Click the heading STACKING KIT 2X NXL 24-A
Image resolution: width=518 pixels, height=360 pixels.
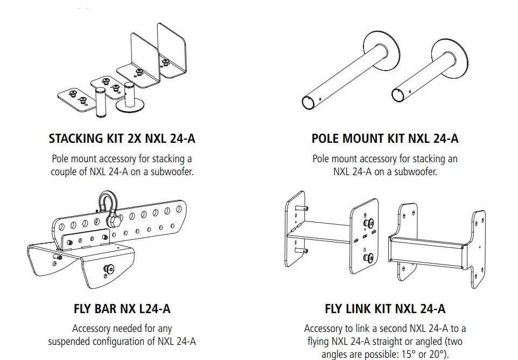pos(122,139)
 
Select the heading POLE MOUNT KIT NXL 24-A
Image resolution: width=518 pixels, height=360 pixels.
pos(385,139)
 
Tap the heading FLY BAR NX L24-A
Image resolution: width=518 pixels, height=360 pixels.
pos(122,309)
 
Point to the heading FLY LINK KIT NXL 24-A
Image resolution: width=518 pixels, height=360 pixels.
pos(385,309)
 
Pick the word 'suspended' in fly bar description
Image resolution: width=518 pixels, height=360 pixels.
pos(73,341)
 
